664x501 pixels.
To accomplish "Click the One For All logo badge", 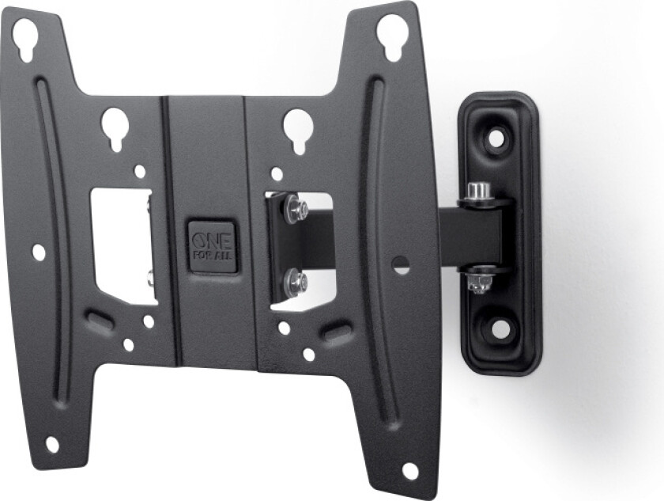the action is [212, 248].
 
